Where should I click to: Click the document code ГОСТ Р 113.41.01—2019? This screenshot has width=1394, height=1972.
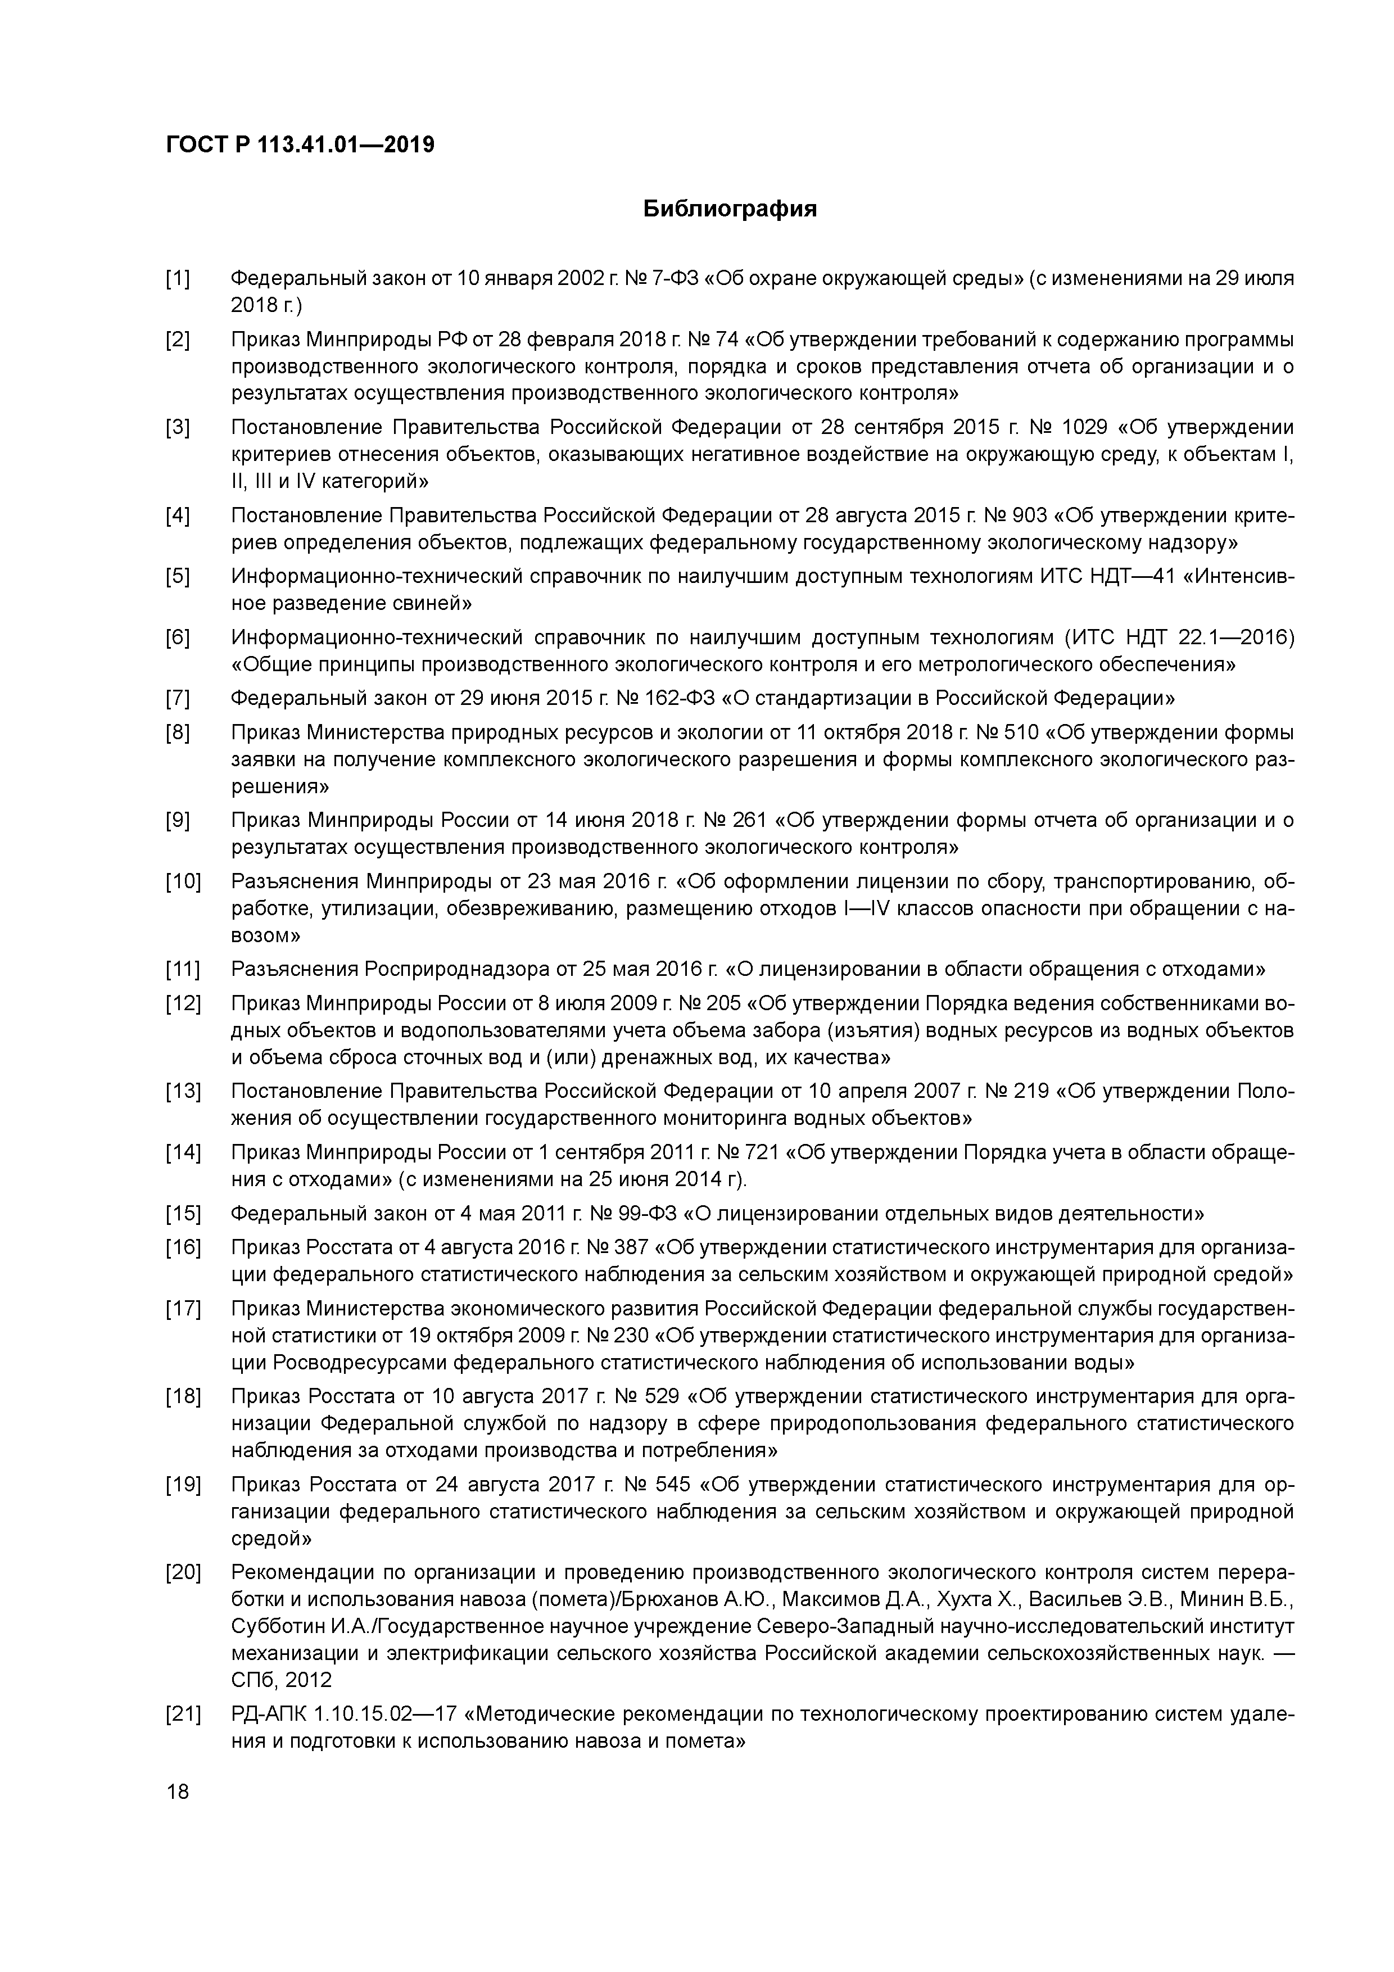(300, 145)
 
